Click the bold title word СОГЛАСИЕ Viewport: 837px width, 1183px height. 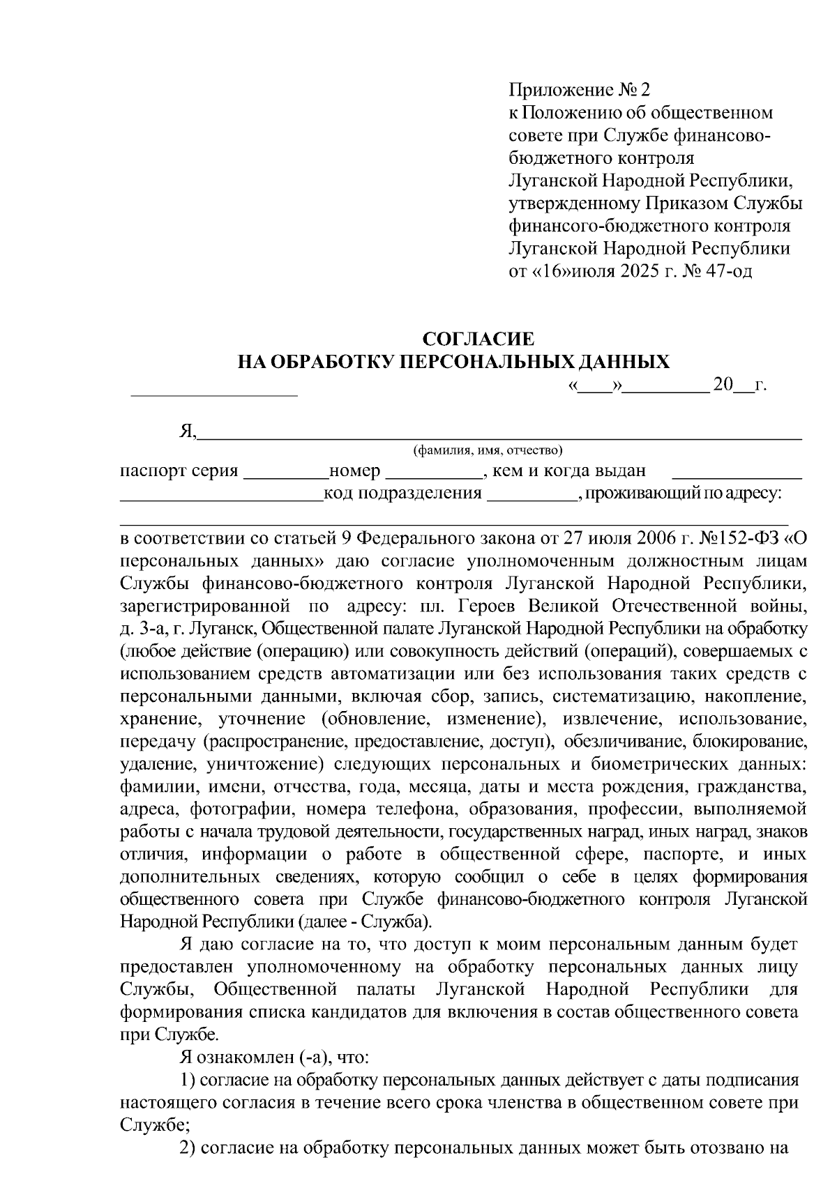(479, 339)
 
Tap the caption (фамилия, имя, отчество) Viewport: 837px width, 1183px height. (488, 450)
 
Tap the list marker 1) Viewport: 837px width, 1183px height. (188, 1081)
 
